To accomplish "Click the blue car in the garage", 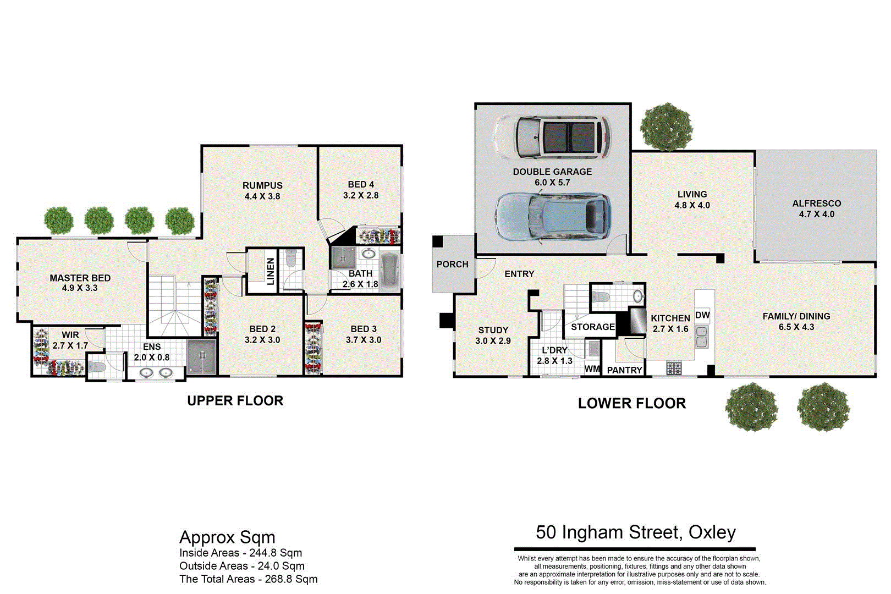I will [x=552, y=217].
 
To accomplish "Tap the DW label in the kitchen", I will [x=702, y=315].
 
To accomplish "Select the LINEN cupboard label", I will [x=271, y=271].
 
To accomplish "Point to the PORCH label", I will [x=452, y=265].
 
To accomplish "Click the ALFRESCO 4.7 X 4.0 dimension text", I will [x=816, y=215].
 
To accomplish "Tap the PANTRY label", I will [x=624, y=370].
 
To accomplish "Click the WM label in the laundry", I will [x=592, y=369].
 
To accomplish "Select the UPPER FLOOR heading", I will [x=235, y=401].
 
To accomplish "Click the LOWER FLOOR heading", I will [x=631, y=404].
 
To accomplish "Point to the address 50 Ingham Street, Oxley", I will [x=635, y=532].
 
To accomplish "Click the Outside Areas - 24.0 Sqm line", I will [x=241, y=566].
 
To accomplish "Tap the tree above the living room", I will [x=666, y=127].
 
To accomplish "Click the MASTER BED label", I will [x=80, y=278].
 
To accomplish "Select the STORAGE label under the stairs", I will [x=592, y=327].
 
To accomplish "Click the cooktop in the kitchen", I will [x=674, y=368].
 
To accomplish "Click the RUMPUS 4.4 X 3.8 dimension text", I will [x=262, y=196].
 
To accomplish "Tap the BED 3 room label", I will [x=364, y=329].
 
